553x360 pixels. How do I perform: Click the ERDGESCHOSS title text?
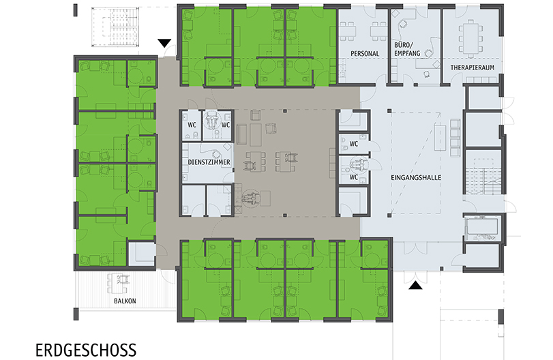tap(86, 350)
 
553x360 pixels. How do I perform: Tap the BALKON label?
tap(125, 301)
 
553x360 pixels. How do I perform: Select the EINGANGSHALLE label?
tap(416, 178)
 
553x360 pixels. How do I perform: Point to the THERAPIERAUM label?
tap(473, 67)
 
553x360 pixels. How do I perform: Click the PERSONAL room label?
tap(365, 54)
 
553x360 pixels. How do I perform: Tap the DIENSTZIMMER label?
tap(209, 162)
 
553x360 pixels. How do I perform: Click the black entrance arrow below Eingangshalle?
tap(415, 285)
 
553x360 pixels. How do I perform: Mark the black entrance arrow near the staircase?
tap(164, 43)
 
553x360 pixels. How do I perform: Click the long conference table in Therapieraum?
tap(470, 38)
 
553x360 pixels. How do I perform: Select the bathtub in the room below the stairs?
tap(483, 228)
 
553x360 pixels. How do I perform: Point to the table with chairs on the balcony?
tap(118, 283)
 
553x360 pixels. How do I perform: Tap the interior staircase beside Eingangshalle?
tap(483, 176)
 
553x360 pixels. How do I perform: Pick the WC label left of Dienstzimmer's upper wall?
tap(192, 125)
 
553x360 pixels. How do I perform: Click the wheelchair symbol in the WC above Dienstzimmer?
tap(212, 120)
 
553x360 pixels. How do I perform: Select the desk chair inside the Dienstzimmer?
tap(216, 154)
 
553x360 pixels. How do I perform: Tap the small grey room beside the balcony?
tap(141, 254)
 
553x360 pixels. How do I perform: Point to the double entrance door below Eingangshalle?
tap(415, 276)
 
